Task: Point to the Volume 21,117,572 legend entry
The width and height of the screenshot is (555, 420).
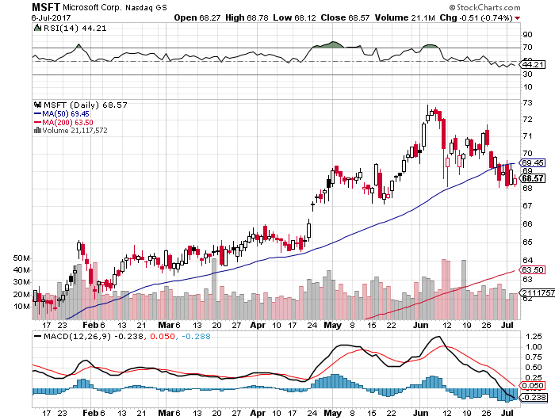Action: point(71,130)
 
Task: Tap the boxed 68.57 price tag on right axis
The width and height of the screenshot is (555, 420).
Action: point(532,178)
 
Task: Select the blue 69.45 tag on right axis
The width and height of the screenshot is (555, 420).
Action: point(531,162)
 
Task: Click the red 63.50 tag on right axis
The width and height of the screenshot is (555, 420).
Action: point(531,270)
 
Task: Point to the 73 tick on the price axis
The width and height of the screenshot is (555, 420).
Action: point(526,102)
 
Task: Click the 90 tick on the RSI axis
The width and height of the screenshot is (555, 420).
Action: point(526,35)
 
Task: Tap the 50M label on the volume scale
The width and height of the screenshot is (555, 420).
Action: point(21,258)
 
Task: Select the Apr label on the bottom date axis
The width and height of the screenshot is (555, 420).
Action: point(258,324)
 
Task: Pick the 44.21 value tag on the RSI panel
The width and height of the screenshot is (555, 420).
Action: point(531,64)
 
